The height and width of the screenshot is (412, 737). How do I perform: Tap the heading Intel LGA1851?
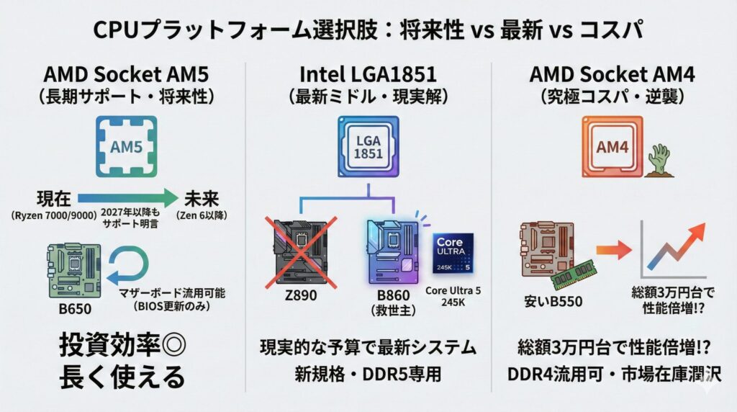coord(368,73)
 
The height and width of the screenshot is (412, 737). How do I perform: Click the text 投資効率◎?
coord(122,346)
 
